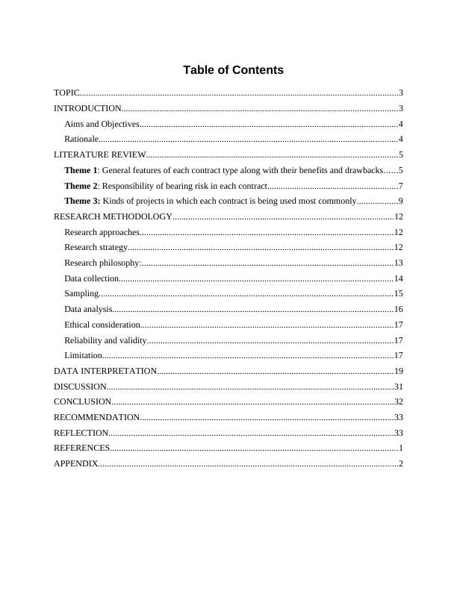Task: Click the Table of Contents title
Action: tap(233, 70)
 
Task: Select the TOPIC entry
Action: tap(66, 93)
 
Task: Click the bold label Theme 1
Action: tap(81, 171)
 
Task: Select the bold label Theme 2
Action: tap(81, 186)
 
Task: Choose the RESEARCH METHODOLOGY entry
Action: tap(113, 216)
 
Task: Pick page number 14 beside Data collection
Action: tap(398, 278)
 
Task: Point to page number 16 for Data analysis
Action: tap(398, 309)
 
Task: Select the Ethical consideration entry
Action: tap(102, 325)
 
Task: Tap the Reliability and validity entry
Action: tap(105, 340)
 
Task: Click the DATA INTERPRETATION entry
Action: tap(105, 371)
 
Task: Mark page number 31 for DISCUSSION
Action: tap(398, 387)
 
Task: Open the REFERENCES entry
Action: tap(81, 448)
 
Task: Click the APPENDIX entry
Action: tap(75, 463)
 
